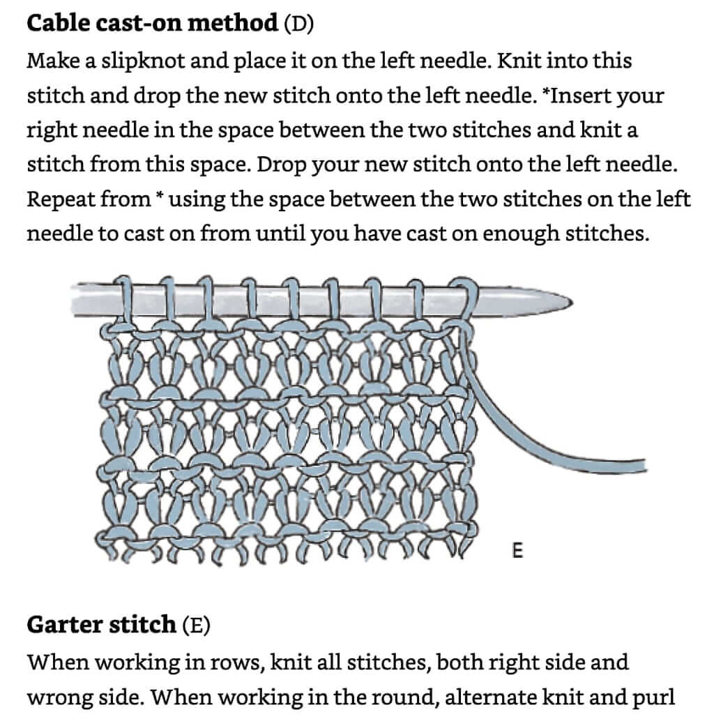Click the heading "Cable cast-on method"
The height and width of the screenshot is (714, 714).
point(152,24)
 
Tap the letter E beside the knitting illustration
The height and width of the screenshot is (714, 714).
point(517,552)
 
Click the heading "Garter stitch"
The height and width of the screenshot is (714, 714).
point(101,624)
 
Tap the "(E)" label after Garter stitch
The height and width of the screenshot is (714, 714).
point(195,624)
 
